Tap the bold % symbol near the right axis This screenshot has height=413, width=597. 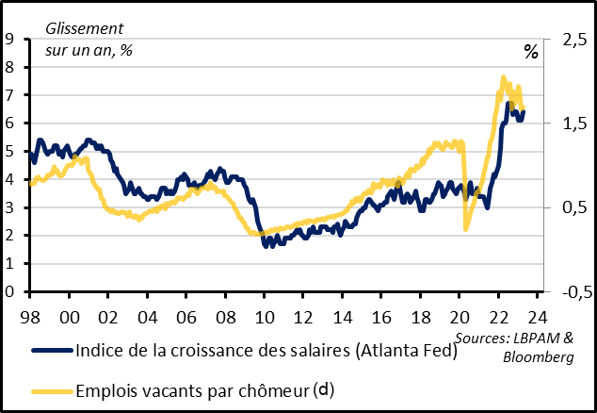(531, 53)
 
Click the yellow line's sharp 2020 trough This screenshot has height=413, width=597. (466, 228)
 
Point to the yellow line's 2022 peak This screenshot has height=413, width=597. (503, 78)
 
